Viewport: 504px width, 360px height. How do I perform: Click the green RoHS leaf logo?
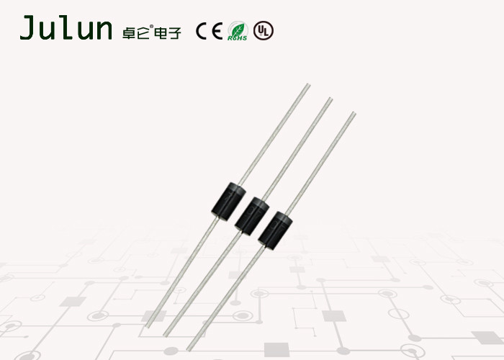click(x=238, y=31)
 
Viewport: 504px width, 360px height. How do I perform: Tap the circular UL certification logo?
click(x=264, y=31)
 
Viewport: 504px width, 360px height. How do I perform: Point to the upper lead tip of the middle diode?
click(x=330, y=99)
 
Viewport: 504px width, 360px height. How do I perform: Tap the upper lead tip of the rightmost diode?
click(x=354, y=112)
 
